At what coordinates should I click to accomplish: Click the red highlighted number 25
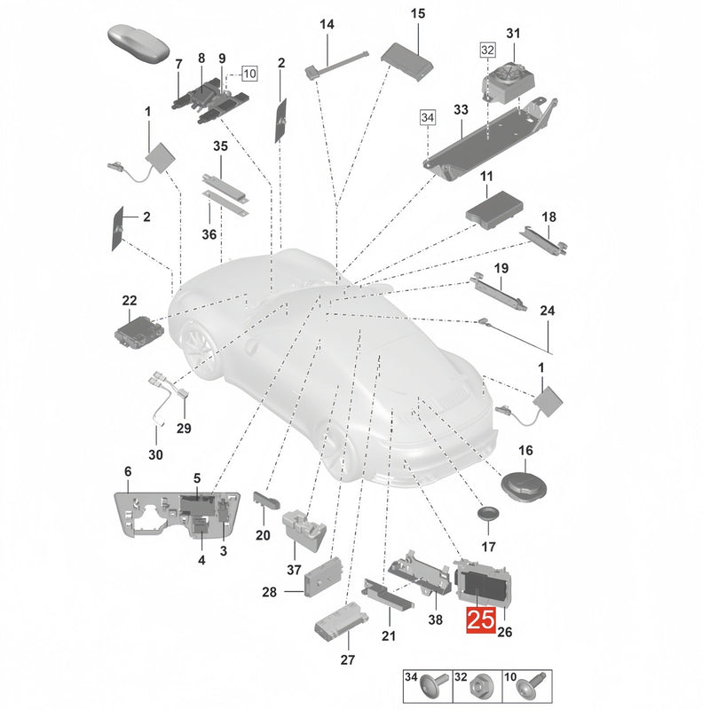click(x=481, y=619)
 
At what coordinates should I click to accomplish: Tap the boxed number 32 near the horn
click(x=487, y=50)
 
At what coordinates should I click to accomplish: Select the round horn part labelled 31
click(x=509, y=82)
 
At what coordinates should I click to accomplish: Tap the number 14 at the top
click(x=327, y=25)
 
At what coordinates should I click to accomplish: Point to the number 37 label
click(x=294, y=569)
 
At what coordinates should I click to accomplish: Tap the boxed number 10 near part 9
click(x=249, y=73)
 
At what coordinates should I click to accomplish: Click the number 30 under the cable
click(x=155, y=454)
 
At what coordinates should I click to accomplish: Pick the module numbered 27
click(x=342, y=621)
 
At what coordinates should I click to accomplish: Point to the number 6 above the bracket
click(x=128, y=471)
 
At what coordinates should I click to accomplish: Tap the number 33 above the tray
click(x=461, y=109)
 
